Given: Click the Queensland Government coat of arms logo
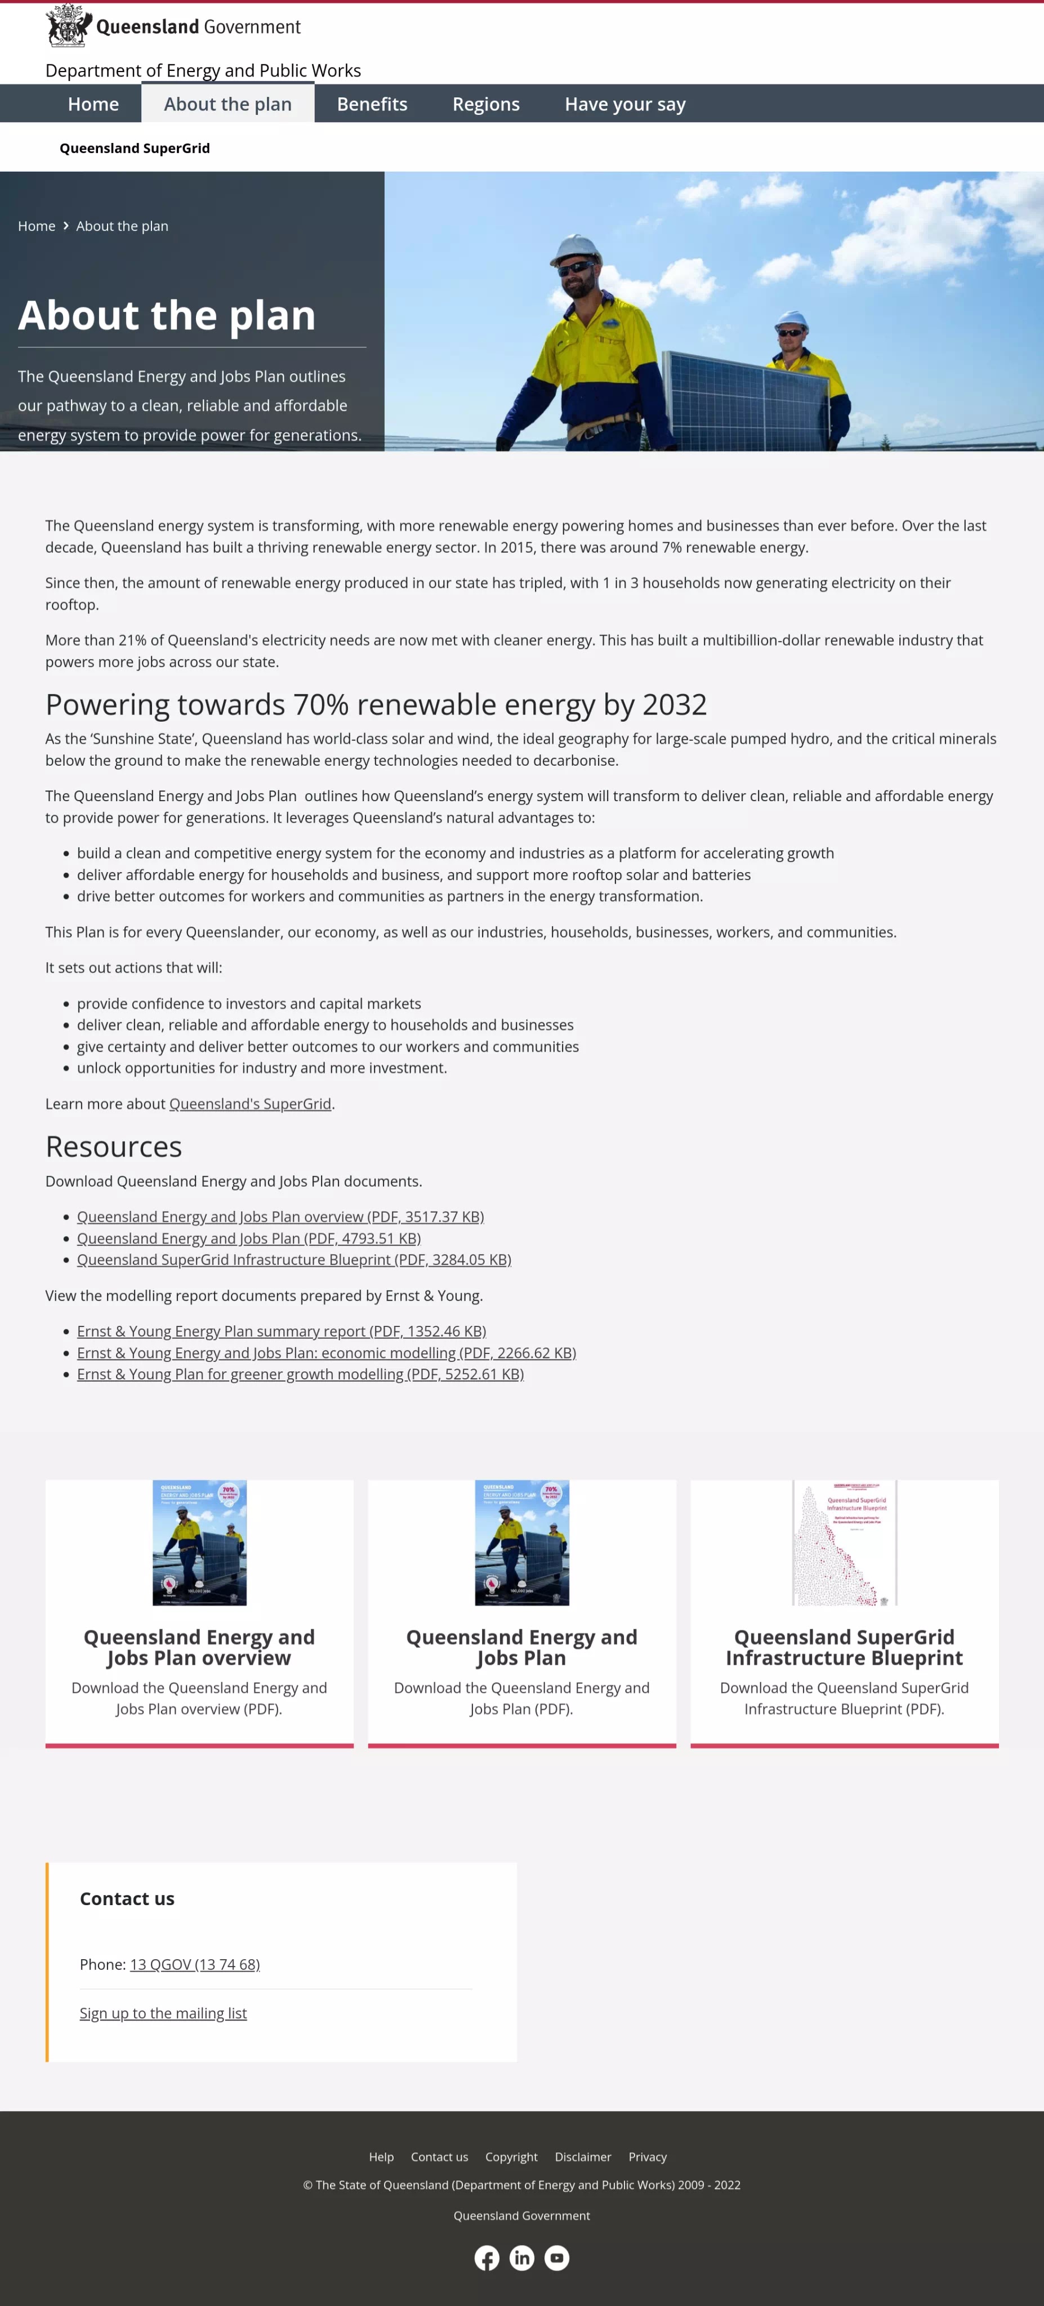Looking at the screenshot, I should coord(68,26).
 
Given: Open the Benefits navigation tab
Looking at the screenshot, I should coord(372,104).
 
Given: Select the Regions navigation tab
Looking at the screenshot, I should coord(485,104).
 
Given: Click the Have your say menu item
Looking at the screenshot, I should coord(624,104).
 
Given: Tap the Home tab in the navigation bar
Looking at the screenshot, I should coord(93,104).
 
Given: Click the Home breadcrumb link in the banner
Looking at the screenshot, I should coord(37,226).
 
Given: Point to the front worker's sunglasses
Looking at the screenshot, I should coord(573,267).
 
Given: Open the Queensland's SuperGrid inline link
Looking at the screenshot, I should coord(250,1104).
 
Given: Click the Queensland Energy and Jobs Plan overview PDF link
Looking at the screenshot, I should coord(280,1217).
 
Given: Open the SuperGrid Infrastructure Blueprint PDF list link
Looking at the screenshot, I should coord(294,1259).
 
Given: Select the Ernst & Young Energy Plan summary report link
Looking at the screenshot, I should coord(281,1331).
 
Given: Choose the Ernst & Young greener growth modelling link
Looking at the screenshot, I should coord(300,1374).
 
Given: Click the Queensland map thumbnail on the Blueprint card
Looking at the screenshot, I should coord(844,1543).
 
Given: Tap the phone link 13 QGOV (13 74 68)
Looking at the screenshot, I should coord(194,1964).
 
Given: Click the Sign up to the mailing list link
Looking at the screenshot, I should coord(163,2013).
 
